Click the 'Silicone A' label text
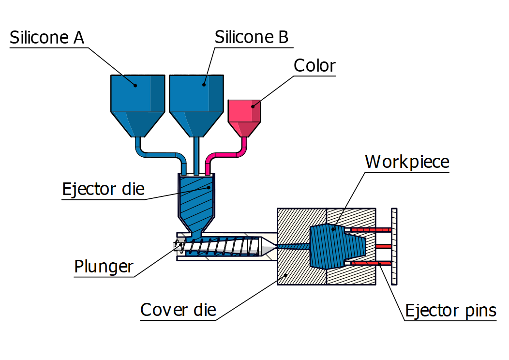point(47,38)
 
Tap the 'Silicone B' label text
point(252,37)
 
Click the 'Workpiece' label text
point(407,162)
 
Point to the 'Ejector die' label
point(103,189)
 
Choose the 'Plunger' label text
point(104,266)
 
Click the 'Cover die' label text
point(178,310)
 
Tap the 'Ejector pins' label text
point(450,310)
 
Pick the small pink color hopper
point(244,116)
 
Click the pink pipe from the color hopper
point(227,155)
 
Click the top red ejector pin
point(370,229)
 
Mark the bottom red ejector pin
point(370,263)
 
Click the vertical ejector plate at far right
point(394,246)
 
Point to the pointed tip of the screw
point(269,246)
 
